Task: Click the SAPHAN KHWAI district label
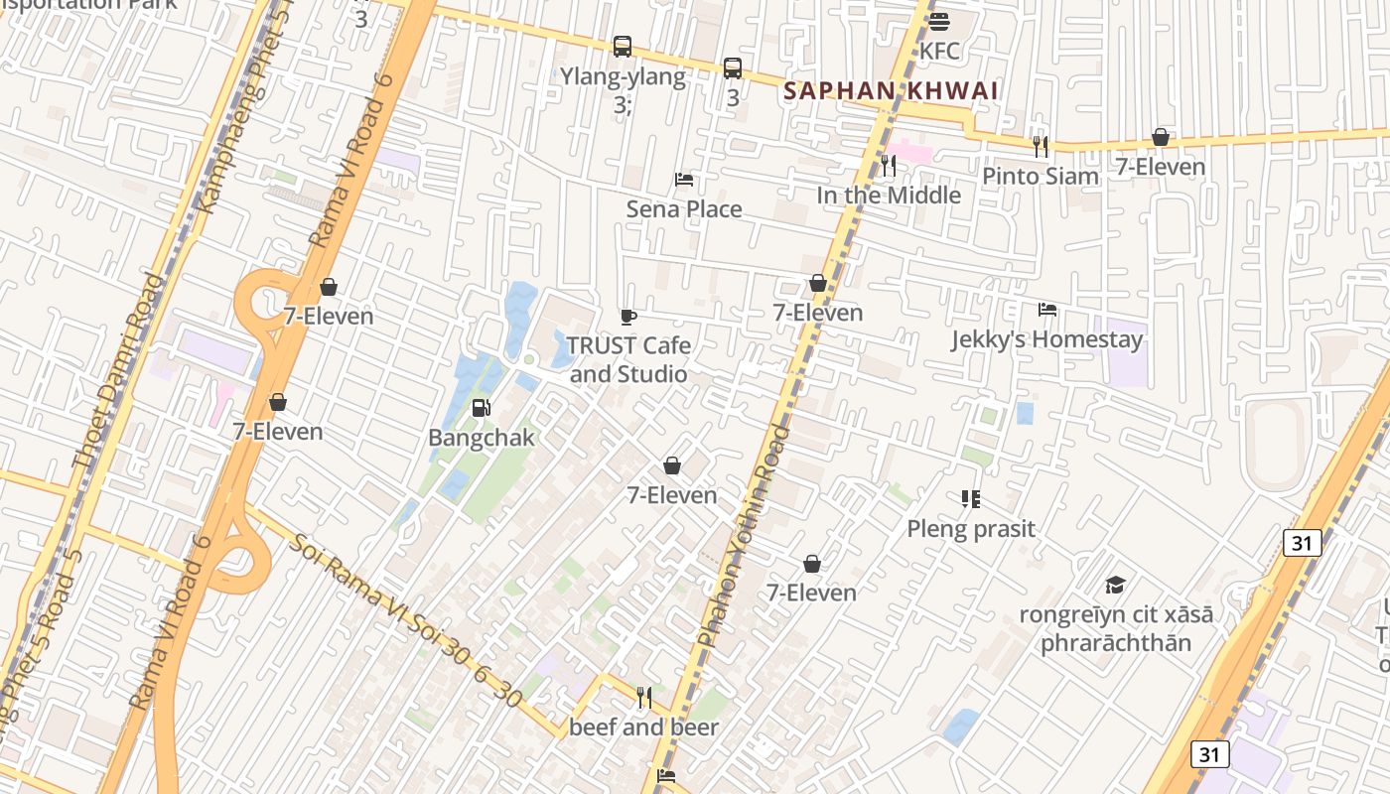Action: [890, 90]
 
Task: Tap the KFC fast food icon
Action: [939, 21]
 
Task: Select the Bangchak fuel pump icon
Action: [481, 407]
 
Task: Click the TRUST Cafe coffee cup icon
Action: [627, 317]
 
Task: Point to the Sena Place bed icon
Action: [684, 180]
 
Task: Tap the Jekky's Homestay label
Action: [1046, 339]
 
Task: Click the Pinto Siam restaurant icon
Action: [1041, 147]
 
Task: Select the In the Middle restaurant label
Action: [889, 196]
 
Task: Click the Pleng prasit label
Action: [971, 529]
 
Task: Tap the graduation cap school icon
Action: [1116, 586]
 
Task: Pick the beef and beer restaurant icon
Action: [643, 698]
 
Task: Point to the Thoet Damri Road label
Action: [117, 372]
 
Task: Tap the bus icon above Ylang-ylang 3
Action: [623, 46]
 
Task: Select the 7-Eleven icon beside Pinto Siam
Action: [1160, 137]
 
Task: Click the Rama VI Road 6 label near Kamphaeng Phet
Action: [352, 161]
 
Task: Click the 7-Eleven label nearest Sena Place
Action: [818, 313]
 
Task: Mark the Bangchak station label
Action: [481, 438]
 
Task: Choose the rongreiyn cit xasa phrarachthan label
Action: [1116, 628]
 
